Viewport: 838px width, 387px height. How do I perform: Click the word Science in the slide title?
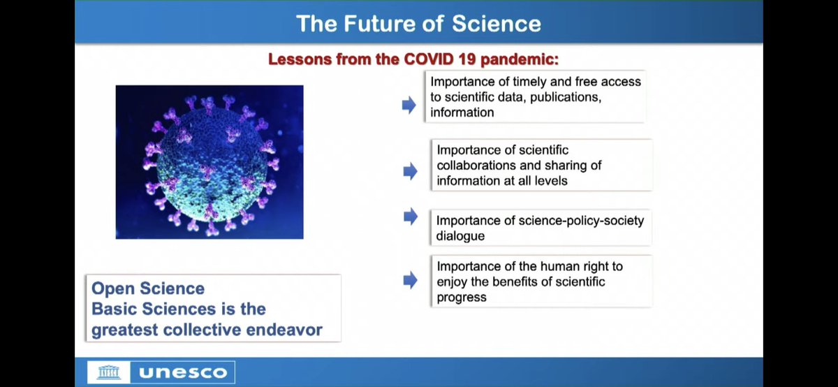(497, 24)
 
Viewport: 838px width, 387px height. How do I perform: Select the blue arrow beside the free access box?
(409, 105)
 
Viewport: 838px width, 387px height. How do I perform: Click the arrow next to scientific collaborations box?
(411, 171)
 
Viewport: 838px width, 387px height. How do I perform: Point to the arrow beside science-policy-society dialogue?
(411, 217)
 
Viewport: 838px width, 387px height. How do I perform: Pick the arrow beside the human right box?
(411, 280)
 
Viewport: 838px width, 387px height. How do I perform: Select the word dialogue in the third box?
(460, 237)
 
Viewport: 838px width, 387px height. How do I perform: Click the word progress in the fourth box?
(462, 298)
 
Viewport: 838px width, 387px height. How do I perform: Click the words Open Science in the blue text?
(148, 289)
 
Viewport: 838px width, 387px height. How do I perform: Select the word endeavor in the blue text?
(284, 330)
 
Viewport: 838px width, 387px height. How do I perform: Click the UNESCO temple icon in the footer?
(109, 372)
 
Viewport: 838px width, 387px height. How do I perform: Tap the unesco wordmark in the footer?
(183, 372)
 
